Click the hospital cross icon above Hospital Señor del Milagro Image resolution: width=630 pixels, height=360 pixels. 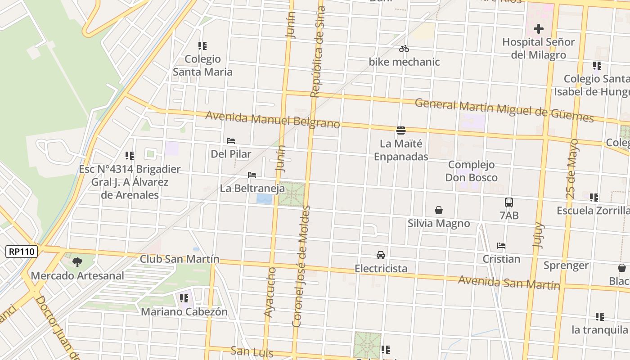pyautogui.click(x=538, y=29)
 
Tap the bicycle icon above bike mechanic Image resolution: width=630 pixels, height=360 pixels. pyautogui.click(x=404, y=49)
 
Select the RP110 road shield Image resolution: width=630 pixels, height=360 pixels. pyautogui.click(x=22, y=251)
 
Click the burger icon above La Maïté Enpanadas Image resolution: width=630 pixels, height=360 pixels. pyautogui.click(x=401, y=131)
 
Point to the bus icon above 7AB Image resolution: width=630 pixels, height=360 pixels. pyautogui.click(x=509, y=202)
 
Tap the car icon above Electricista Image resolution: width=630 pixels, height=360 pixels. pyautogui.click(x=381, y=255)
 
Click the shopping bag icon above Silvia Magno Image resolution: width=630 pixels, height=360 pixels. pyautogui.click(x=438, y=210)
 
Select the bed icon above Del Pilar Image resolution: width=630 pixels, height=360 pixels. pyautogui.click(x=231, y=141)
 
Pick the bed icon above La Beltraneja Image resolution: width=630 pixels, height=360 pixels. pyautogui.click(x=252, y=175)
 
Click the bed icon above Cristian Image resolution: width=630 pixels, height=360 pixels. pyautogui.click(x=501, y=246)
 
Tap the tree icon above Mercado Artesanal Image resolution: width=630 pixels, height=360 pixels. pyautogui.click(x=77, y=262)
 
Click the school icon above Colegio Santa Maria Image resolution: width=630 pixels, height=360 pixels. pyautogui.click(x=202, y=45)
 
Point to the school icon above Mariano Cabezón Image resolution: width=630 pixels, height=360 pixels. pyautogui.click(x=184, y=298)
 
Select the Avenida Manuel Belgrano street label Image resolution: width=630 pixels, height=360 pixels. pyautogui.click(x=272, y=120)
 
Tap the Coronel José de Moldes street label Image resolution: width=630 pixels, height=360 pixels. pyautogui.click(x=301, y=266)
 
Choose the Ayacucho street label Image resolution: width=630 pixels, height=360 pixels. pyautogui.click(x=270, y=292)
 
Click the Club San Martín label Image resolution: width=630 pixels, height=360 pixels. pyautogui.click(x=180, y=259)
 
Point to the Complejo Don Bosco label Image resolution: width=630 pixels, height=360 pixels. pyautogui.click(x=471, y=171)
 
